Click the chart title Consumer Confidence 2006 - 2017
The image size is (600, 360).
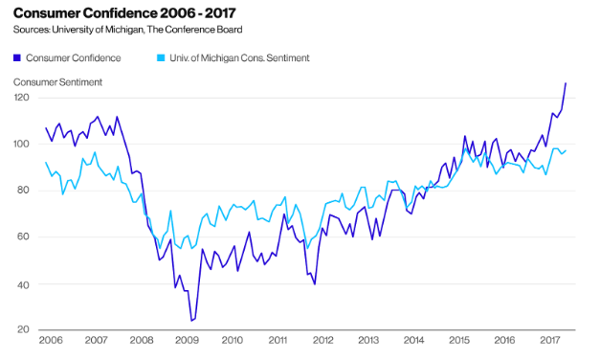click(x=124, y=13)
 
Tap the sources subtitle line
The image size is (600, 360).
click(x=128, y=30)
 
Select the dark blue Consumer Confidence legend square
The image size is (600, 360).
click(x=17, y=58)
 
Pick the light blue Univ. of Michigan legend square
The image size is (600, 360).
click(x=161, y=58)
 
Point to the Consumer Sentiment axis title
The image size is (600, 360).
click(x=57, y=82)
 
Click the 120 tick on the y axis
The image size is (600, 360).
click(x=21, y=98)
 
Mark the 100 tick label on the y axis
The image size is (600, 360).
click(x=21, y=144)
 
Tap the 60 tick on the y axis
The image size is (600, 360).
click(x=22, y=236)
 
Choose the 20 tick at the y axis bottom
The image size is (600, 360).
click(x=23, y=329)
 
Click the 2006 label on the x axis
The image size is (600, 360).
click(x=51, y=340)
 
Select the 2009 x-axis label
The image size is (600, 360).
click(x=187, y=340)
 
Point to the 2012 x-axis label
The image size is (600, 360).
click(x=322, y=340)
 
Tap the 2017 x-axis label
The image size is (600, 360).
click(x=550, y=340)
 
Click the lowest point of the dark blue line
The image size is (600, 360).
click(x=191, y=321)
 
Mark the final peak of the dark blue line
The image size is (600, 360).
click(x=566, y=83)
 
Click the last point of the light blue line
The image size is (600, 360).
click(x=566, y=150)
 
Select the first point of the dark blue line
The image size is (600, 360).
click(x=46, y=128)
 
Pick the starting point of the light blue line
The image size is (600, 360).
click(x=46, y=163)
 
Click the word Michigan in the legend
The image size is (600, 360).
click(x=219, y=58)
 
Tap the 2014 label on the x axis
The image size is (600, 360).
click(x=413, y=340)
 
